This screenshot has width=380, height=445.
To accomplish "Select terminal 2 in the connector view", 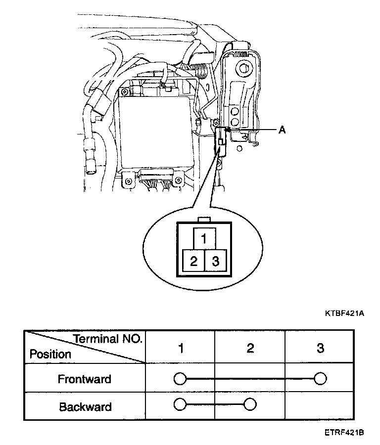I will (x=193, y=261).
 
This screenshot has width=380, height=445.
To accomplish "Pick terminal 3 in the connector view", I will (x=215, y=261).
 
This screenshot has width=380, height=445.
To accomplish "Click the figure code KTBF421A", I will (x=344, y=313).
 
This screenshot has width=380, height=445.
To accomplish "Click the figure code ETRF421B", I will (x=344, y=433).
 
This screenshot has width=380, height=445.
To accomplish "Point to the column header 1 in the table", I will (x=181, y=348).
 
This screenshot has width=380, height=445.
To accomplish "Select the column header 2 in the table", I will (x=250, y=348).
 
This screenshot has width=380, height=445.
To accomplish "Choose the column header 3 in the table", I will (x=320, y=348).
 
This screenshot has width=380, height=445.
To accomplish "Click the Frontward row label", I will (x=84, y=379).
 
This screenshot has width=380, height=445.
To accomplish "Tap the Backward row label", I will (x=85, y=407).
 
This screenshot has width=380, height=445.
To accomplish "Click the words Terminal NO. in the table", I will (x=108, y=339).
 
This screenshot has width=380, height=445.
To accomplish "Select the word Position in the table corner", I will (x=50, y=355).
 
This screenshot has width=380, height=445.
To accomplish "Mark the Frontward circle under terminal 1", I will (x=180, y=379).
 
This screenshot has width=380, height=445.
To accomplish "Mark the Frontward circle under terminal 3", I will (x=320, y=379).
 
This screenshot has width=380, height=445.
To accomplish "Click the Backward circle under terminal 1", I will (x=180, y=405).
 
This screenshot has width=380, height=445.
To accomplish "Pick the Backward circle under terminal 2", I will (x=250, y=405).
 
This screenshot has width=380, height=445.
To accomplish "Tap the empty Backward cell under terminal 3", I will (x=320, y=406).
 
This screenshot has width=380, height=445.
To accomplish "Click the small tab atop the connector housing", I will (x=203, y=219).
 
